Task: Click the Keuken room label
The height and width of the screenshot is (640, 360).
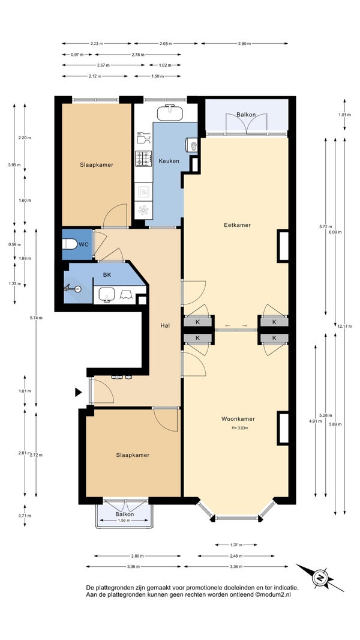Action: click(169, 161)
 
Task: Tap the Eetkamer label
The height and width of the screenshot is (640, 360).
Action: click(237, 225)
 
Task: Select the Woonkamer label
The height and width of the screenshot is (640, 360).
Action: click(238, 419)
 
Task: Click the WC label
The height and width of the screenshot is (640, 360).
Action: click(84, 244)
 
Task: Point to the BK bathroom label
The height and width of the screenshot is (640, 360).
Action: click(107, 275)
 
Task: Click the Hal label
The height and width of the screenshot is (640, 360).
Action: click(165, 326)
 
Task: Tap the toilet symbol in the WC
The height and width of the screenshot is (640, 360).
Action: click(70, 244)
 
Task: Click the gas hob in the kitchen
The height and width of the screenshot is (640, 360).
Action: click(143, 158)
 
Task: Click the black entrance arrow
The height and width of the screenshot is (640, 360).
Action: click(78, 392)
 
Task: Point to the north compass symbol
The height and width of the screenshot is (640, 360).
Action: click(320, 578)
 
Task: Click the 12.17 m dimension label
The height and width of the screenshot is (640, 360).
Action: click(344, 326)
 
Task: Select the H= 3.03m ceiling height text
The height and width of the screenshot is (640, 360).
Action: click(240, 428)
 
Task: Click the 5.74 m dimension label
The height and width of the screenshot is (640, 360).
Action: click(36, 318)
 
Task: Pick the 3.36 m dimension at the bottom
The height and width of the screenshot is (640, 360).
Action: click(236, 567)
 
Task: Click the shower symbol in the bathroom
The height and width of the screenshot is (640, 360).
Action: click(73, 289)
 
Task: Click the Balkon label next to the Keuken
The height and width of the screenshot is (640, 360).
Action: click(246, 115)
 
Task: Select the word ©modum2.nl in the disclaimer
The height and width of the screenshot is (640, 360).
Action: click(272, 595)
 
